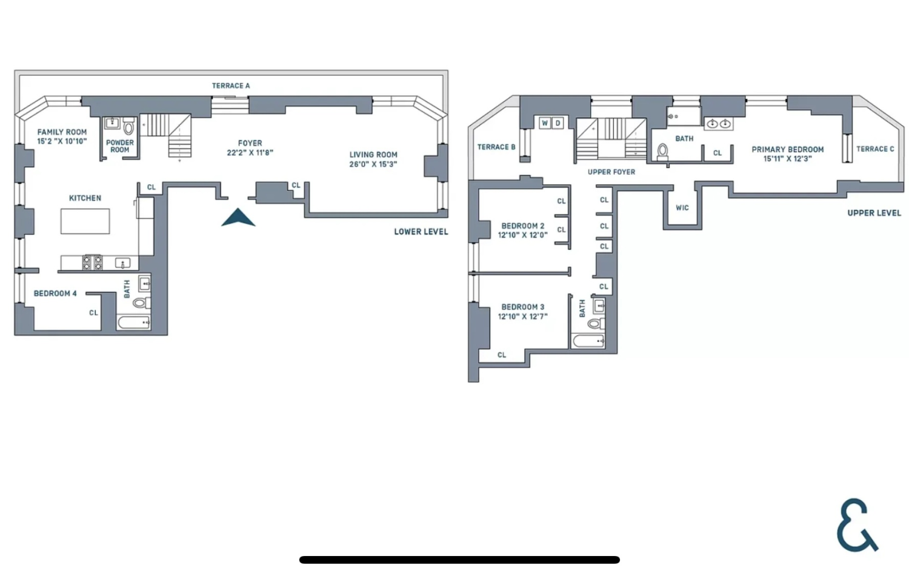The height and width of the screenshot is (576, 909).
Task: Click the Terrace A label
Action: pos(230,85)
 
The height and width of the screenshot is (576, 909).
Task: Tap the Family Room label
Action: pos(62,132)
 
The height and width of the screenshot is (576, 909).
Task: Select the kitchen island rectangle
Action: pos(85,221)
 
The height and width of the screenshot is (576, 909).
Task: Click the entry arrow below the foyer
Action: pos(238,218)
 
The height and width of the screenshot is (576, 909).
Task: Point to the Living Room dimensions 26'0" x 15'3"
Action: pos(373,164)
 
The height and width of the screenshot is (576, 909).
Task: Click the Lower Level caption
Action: pos(421,232)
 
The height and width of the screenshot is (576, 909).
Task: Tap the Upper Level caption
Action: pos(874,213)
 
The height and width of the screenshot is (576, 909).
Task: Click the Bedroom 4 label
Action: pos(55,293)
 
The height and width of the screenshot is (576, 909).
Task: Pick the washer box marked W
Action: pos(545,123)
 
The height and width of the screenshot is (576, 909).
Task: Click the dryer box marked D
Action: pos(558,123)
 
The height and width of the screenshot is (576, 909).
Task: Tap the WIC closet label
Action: pos(682,208)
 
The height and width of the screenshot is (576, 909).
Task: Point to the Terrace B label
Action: pos(496,147)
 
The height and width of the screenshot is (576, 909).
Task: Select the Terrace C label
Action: pos(875,149)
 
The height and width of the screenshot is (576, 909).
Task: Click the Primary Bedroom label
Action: pos(787,149)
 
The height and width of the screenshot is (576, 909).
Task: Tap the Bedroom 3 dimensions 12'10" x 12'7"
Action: pos(522,316)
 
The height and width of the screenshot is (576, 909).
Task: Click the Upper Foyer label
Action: pos(611,172)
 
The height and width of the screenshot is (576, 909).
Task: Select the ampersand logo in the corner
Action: pos(856,525)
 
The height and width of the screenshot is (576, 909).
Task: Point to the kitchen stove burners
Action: pos(92,263)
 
